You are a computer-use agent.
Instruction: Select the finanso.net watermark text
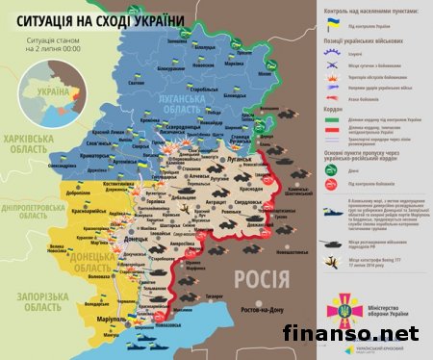[x=365, y=336]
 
